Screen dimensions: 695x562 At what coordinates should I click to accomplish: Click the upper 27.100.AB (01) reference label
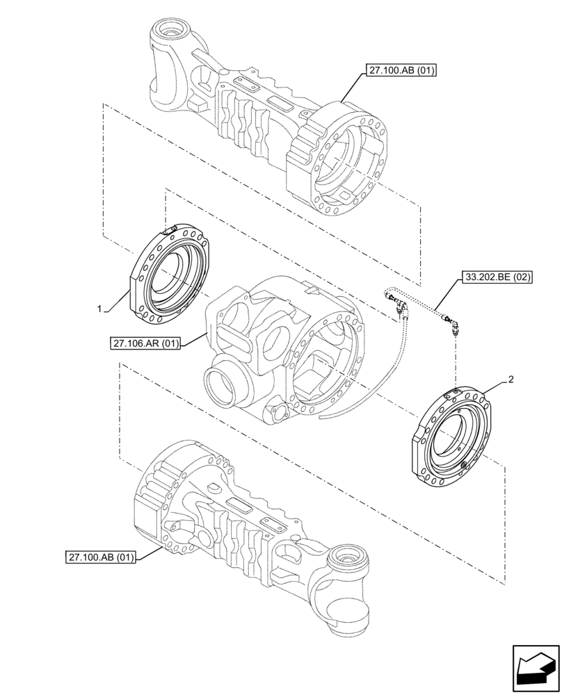click(x=399, y=71)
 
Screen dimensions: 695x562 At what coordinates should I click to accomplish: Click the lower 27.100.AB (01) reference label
click(x=103, y=557)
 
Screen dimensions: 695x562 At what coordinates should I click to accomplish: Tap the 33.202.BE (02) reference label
click(x=496, y=277)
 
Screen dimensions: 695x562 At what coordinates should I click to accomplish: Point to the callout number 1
click(x=100, y=308)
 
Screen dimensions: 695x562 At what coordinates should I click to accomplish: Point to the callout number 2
click(x=511, y=379)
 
